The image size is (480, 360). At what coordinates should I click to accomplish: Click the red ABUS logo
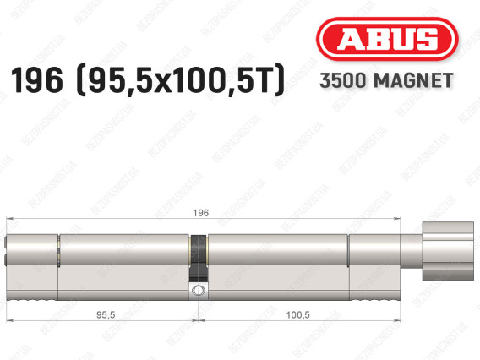(387, 39)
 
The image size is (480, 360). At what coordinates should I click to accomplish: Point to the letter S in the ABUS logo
(425, 39)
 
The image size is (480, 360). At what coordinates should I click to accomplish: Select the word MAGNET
(413, 80)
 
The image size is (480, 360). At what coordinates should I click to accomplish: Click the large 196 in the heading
(36, 80)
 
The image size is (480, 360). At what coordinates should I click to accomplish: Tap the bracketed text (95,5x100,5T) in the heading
(181, 80)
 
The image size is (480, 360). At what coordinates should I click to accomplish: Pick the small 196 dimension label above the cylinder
(201, 213)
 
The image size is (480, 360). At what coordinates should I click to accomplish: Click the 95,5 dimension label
(106, 314)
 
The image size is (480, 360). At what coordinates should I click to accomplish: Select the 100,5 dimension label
(297, 314)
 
